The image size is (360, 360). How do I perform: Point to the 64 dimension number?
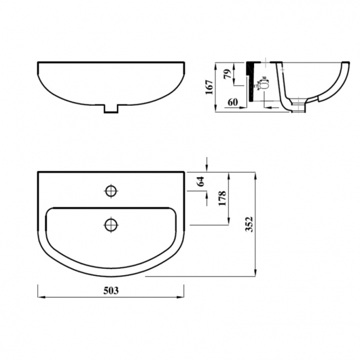tap(201, 181)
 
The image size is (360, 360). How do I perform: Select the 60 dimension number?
tap(233, 102)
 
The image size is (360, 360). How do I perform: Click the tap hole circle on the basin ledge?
tap(111, 191)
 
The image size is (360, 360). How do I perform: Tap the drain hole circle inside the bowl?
tap(111, 224)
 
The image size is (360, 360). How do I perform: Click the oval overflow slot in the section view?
tap(264, 86)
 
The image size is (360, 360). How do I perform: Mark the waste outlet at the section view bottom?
tap(299, 105)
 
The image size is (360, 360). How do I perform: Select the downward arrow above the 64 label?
tap(207, 167)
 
